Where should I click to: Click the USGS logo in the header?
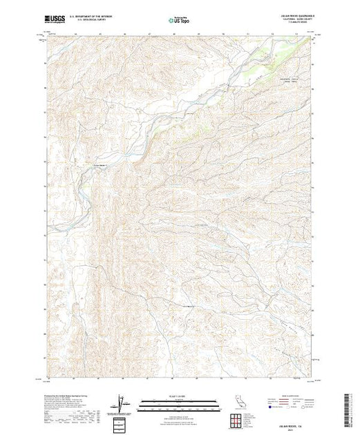tap(55, 21)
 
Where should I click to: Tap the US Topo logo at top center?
tap(179, 22)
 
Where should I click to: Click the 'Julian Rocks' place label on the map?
tap(102, 164)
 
